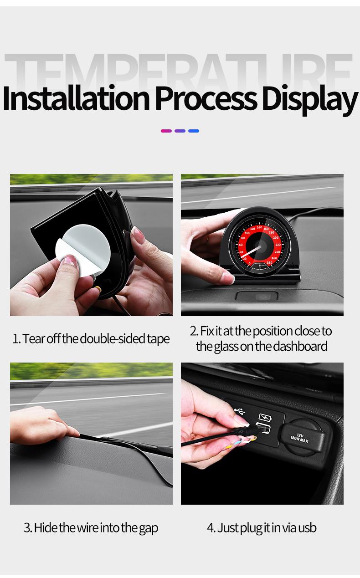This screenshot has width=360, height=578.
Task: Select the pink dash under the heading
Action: click(166, 131)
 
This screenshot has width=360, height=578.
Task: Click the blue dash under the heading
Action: click(194, 131)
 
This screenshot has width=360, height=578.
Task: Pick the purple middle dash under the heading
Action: click(180, 131)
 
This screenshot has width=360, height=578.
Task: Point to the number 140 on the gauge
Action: click(259, 227)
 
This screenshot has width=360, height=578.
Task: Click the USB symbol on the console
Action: click(240, 411)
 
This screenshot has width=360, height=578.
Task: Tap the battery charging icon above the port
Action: click(265, 417)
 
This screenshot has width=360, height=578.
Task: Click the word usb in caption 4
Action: click(308, 528)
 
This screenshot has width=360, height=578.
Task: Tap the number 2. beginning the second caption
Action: click(194, 331)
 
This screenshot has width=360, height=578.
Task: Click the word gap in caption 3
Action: click(149, 528)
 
